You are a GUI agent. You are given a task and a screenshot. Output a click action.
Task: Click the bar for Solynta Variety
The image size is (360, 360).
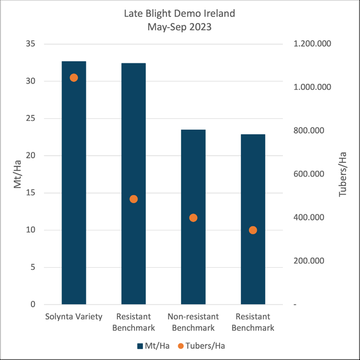pyautogui.click(x=74, y=183)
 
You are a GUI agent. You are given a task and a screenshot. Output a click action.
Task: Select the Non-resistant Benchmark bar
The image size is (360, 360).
pyautogui.click(x=193, y=217)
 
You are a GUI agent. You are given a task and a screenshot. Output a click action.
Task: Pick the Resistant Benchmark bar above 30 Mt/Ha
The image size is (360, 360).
pyautogui.click(x=134, y=183)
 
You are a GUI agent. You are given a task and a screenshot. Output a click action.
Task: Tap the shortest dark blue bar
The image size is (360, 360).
pyautogui.click(x=253, y=219)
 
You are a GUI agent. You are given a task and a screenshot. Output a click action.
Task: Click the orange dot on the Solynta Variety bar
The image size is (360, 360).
pyautogui.click(x=74, y=78)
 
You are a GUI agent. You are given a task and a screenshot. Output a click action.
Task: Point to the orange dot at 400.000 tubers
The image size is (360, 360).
pyautogui.click(x=193, y=218)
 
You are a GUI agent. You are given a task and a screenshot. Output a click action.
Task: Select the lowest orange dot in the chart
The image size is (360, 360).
pyautogui.click(x=253, y=230)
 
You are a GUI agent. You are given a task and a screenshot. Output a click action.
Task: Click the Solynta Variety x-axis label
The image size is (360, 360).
pyautogui.click(x=74, y=317)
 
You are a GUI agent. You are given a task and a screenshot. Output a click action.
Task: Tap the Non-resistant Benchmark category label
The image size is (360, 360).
pyautogui.click(x=193, y=322)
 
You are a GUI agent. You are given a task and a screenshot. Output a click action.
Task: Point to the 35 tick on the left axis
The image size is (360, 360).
pyautogui.click(x=32, y=44)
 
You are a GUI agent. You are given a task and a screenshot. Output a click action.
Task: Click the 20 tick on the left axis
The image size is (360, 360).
pyautogui.click(x=32, y=156)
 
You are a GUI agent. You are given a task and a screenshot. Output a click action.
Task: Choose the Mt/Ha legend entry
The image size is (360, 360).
pyautogui.click(x=154, y=346)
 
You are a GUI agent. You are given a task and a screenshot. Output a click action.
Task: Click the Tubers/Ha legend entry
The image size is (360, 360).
pyautogui.click(x=201, y=346)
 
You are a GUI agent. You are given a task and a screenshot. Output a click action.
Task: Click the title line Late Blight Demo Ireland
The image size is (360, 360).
pyautogui.click(x=180, y=13)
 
